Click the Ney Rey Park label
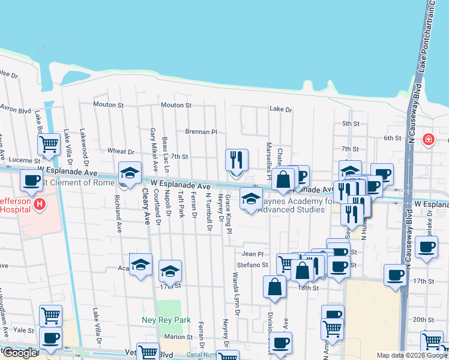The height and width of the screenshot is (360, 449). tap(166, 320)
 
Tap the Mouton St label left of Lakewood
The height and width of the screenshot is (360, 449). tap(108, 104)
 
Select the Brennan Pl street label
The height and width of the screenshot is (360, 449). tap(200, 131)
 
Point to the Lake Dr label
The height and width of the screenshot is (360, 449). tap(280, 109)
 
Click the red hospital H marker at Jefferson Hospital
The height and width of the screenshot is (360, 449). tap(40, 205)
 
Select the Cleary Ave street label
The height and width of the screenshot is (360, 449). tap(145, 207)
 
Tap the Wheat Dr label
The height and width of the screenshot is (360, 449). tap(121, 151)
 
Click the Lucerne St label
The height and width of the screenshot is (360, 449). tap(24, 161)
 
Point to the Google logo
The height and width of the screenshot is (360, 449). tap(20, 353)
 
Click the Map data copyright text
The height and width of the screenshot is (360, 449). tap(412, 355)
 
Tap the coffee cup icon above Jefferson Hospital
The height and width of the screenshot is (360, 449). tap(31, 179)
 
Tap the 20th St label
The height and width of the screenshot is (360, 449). tap(423, 320)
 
